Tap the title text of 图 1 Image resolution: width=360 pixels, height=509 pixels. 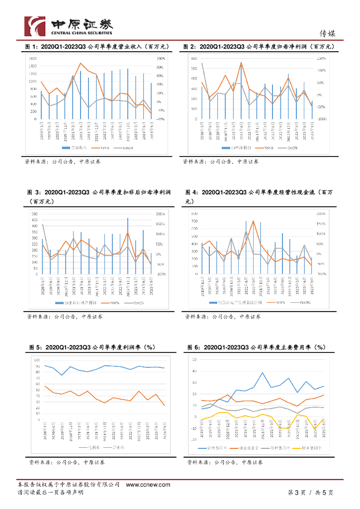[97, 47]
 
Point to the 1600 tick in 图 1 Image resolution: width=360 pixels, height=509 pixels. [32, 59]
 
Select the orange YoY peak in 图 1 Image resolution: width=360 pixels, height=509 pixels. [81, 63]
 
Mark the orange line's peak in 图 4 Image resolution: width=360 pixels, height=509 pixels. [253, 221]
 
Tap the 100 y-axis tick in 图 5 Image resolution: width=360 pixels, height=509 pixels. [37, 358]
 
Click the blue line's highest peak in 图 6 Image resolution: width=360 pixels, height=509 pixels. [263, 372]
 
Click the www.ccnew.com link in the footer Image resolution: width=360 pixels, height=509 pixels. [145, 484]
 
